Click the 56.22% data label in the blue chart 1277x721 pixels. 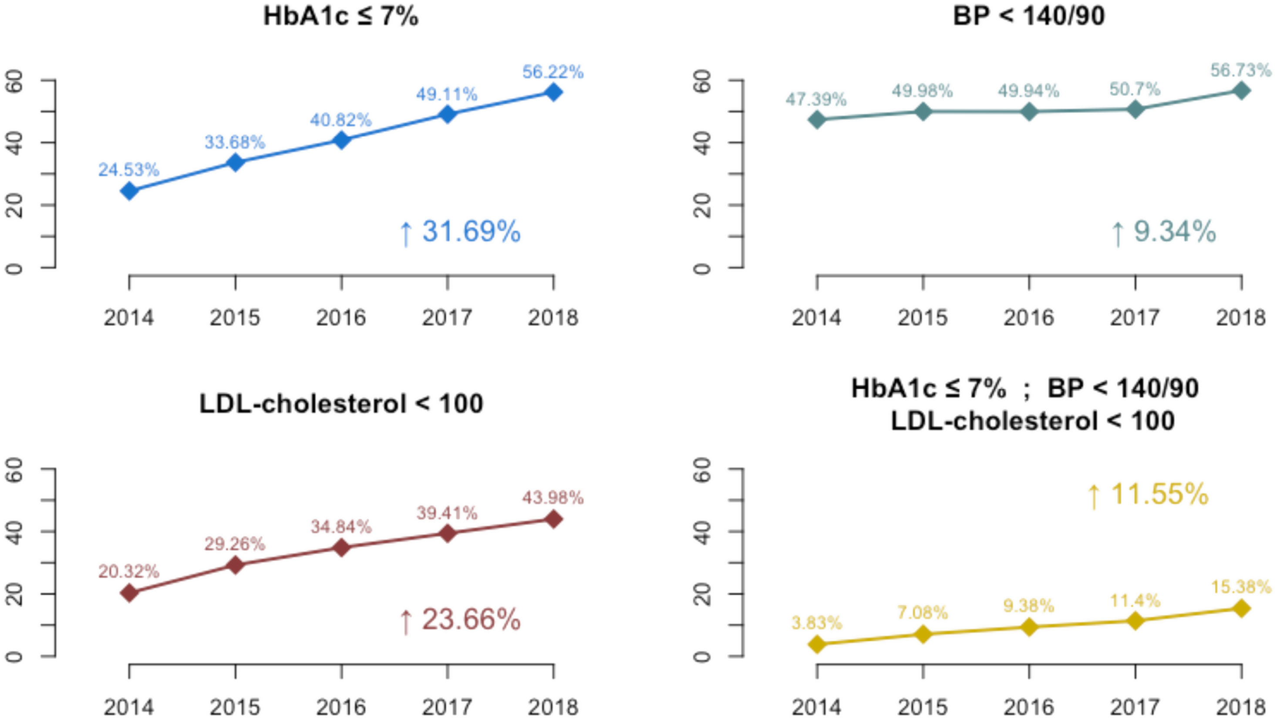coord(553,72)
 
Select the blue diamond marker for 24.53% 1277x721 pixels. coord(129,191)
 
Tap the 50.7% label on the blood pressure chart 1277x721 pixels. coord(1135,89)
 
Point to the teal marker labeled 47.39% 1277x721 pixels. coord(817,119)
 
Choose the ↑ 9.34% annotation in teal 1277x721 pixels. coord(1163,232)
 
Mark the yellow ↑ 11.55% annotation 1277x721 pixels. coord(1147,494)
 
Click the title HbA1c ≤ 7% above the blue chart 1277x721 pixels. coord(340,17)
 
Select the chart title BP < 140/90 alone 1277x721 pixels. coord(1029,17)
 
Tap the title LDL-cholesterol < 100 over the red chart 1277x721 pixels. coord(341,404)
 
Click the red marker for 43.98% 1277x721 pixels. coord(553,520)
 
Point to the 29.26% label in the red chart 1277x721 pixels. coord(235,545)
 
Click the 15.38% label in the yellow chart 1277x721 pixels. coord(1241,587)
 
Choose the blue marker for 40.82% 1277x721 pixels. coord(341,140)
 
